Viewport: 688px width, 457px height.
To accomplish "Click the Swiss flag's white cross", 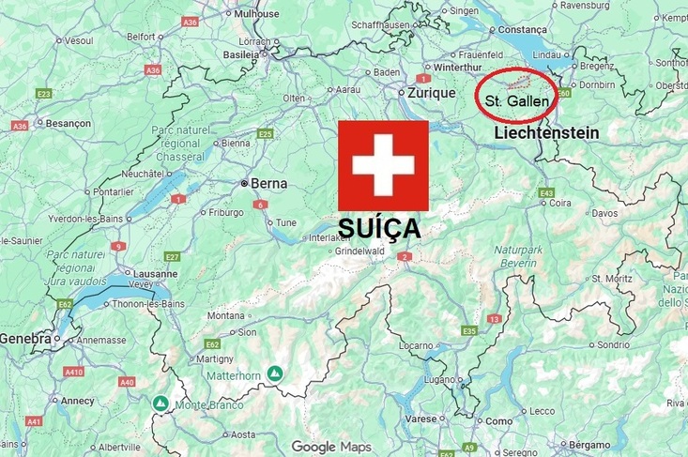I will [x=383, y=165].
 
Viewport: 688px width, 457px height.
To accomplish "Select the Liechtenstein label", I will [x=546, y=133].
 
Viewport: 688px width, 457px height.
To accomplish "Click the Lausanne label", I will [x=155, y=274].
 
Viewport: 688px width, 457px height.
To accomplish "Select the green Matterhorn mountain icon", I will [x=275, y=373].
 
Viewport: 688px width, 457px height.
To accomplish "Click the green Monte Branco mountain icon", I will [x=161, y=404].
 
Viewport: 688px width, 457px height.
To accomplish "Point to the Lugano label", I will [x=436, y=379].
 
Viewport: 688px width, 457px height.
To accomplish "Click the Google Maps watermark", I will [x=330, y=447].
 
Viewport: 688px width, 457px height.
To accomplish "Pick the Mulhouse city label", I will [x=256, y=14].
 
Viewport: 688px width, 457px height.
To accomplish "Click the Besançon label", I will [x=69, y=123].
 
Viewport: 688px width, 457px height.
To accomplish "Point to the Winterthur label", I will [x=458, y=68].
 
